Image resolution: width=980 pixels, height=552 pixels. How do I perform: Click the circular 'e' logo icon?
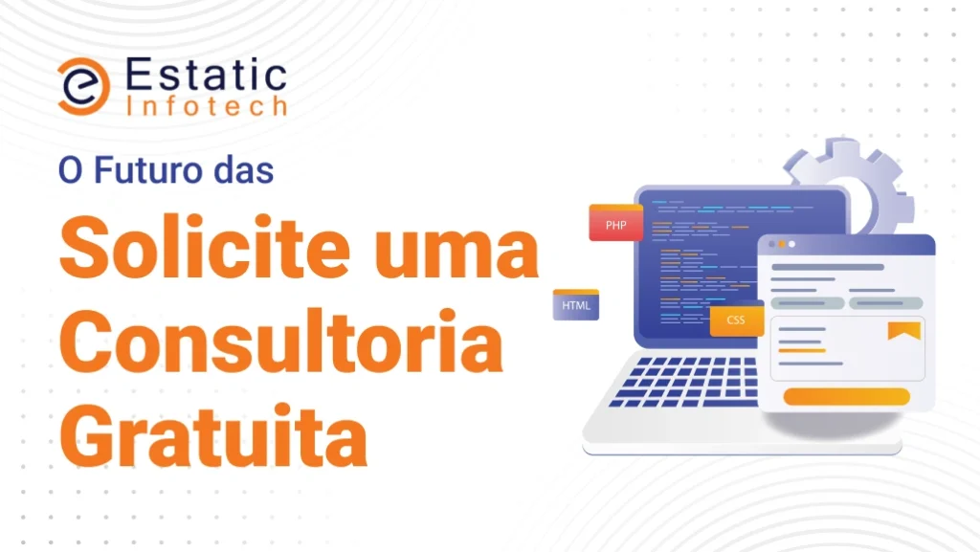click(x=84, y=86)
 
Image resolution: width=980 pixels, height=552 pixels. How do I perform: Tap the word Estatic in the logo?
click(x=207, y=75)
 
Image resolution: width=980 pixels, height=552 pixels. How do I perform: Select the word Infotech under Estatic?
click(x=207, y=106)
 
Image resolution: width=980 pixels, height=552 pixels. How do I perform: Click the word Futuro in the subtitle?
click(x=148, y=170)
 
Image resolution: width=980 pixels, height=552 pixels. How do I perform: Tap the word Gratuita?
click(x=213, y=435)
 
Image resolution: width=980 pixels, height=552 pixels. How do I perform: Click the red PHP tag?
click(x=615, y=223)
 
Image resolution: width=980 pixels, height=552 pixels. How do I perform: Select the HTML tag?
click(x=575, y=305)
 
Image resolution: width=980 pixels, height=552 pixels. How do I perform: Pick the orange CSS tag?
click(x=736, y=320)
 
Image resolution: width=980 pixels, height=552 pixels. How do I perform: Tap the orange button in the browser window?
click(x=846, y=396)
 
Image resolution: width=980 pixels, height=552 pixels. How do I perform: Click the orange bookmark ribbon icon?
click(x=904, y=330)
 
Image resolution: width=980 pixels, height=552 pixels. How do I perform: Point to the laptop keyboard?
click(x=684, y=381)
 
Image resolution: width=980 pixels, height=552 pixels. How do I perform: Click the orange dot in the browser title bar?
click(x=781, y=244)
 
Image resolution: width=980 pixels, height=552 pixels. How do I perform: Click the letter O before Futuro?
click(x=71, y=171)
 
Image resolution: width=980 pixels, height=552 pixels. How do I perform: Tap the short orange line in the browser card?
click(x=802, y=351)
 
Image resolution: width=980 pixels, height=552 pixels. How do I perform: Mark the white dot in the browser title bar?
click(x=791, y=244)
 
